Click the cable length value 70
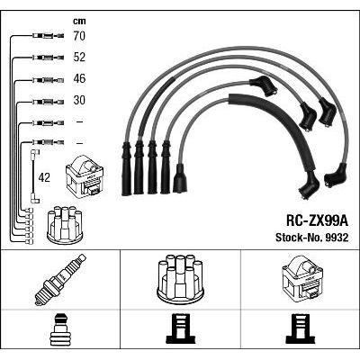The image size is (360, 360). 79,36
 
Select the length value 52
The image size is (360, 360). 79,58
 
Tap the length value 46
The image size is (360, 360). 79,78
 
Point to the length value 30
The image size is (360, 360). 79,100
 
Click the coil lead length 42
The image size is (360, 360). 44,178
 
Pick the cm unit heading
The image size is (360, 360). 79,21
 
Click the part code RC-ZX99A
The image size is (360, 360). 317,221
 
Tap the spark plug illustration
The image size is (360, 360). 60,280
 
